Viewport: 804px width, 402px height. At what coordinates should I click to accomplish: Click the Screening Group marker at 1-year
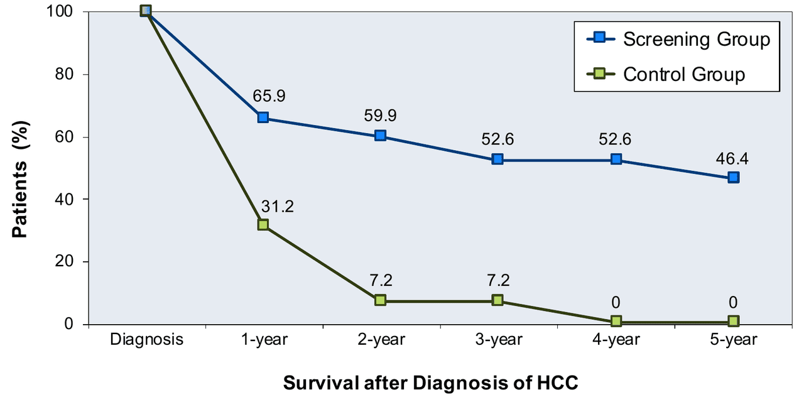263,117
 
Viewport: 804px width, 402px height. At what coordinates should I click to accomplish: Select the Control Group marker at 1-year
263,224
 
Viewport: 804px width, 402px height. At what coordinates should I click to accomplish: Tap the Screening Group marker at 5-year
733,177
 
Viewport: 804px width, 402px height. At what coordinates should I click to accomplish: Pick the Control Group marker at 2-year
380,300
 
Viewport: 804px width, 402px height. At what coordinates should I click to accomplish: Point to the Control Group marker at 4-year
616,321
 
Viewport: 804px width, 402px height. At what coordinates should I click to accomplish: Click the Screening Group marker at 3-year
497,159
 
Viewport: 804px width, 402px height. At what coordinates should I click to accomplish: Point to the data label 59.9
381,116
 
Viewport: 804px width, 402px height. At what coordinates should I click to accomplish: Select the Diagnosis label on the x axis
146,340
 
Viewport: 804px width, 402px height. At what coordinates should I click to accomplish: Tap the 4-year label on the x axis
616,340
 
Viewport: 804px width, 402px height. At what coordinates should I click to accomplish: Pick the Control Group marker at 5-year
733,321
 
